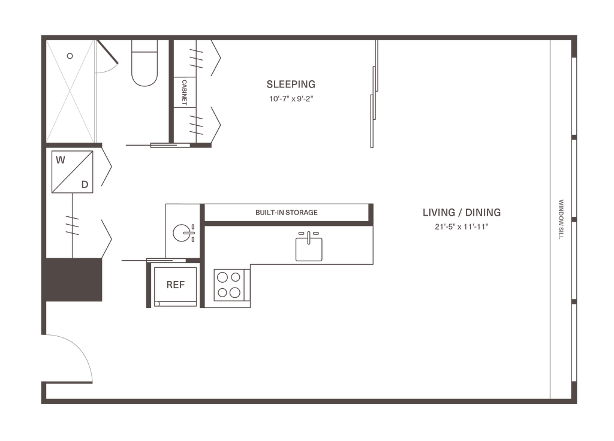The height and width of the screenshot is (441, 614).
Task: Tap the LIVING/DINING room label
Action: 461,213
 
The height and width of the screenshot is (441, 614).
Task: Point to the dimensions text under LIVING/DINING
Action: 461,226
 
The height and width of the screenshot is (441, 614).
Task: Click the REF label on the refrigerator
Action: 174,285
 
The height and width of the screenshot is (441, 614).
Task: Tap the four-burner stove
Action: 230,285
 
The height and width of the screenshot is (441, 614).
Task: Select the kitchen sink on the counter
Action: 309,246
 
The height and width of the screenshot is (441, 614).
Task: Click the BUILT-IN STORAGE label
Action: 286,213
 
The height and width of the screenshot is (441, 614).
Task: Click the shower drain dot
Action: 70,56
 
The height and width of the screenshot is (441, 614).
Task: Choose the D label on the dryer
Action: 85,184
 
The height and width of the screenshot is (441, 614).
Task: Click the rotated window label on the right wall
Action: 562,219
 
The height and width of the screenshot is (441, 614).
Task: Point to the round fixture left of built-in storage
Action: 180,231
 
